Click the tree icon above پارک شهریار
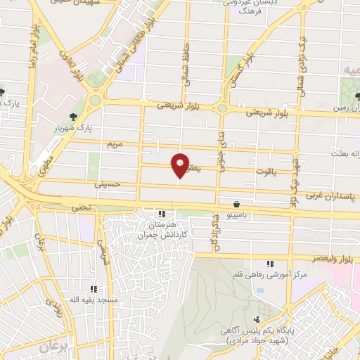73,117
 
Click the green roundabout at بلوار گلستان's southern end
224,108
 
